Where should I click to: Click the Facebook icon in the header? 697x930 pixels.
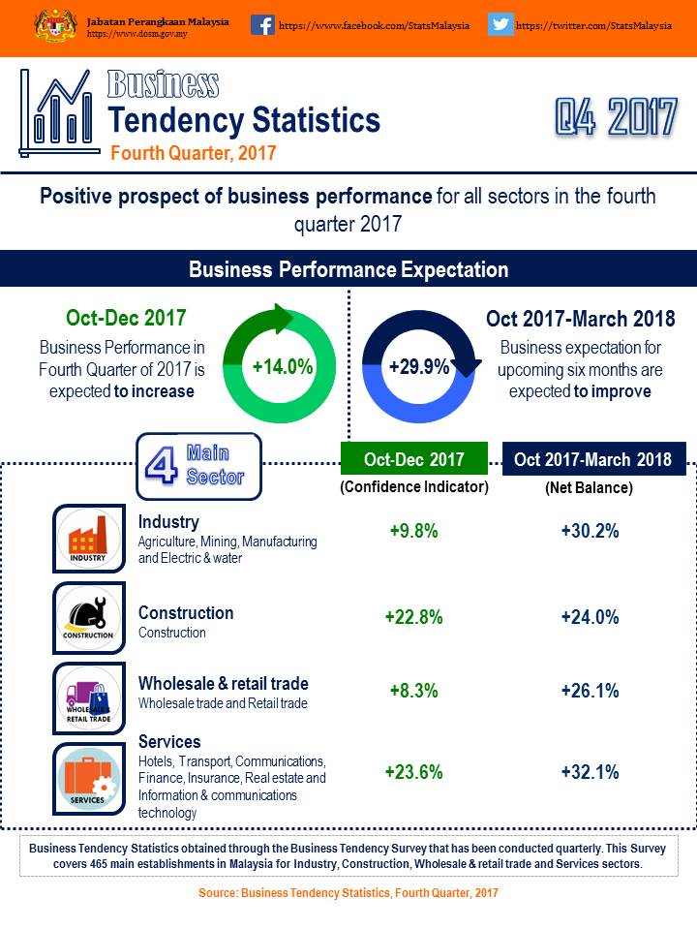tap(262, 25)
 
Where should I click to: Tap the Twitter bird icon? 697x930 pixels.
tap(500, 25)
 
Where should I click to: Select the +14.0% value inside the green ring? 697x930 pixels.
tap(282, 367)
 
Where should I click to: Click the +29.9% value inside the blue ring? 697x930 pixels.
tap(418, 367)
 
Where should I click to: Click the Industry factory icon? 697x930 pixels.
tap(88, 538)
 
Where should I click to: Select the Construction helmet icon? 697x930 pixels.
tap(88, 617)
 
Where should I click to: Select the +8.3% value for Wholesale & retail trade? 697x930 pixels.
tap(413, 691)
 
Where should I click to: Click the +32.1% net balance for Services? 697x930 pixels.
tap(590, 772)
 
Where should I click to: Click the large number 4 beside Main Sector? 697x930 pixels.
tap(161, 466)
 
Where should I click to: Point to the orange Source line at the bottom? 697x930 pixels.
tap(348, 893)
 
